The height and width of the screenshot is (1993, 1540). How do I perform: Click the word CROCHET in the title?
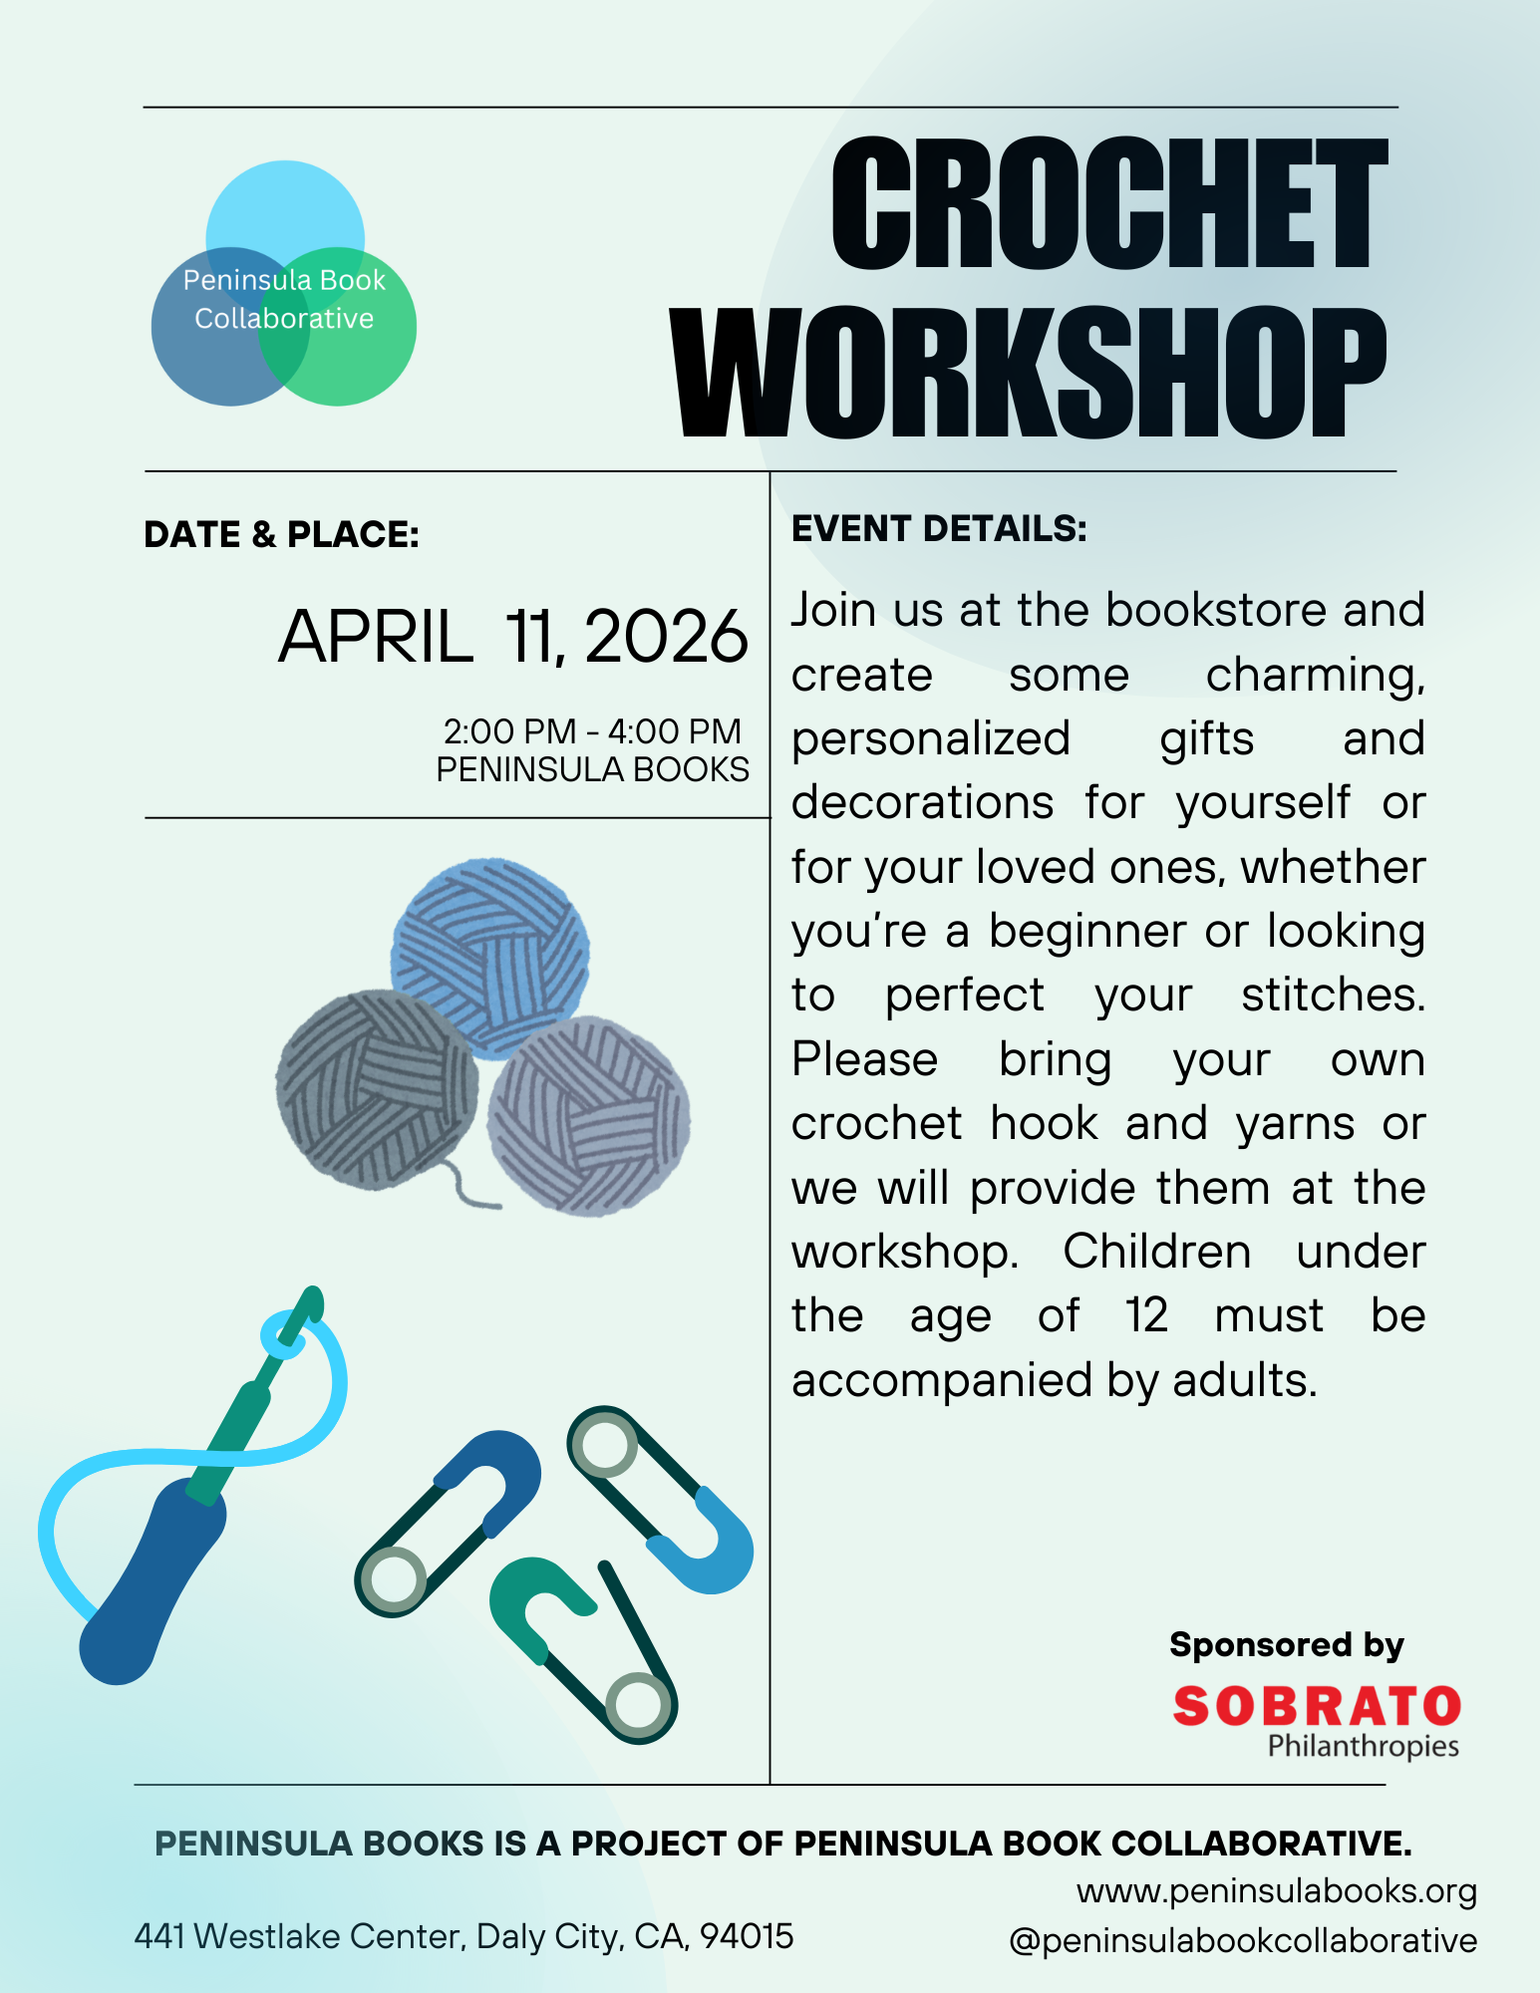click(1108, 204)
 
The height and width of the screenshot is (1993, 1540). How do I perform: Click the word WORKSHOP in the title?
click(1029, 373)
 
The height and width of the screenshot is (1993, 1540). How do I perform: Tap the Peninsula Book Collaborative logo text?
click(284, 299)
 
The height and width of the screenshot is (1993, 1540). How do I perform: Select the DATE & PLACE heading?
click(281, 535)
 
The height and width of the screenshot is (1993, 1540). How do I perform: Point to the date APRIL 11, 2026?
click(512, 637)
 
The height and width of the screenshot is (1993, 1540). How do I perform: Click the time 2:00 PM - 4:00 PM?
click(592, 731)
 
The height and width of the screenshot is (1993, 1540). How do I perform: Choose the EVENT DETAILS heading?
click(939, 529)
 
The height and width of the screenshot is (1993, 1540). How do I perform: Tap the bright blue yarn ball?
click(490, 957)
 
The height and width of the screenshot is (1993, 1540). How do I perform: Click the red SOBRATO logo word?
click(1317, 1706)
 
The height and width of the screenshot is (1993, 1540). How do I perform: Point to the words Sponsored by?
click(1286, 1645)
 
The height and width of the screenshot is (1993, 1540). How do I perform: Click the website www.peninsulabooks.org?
click(1277, 1890)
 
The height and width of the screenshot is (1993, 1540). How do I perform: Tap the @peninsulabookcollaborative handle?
click(1243, 1941)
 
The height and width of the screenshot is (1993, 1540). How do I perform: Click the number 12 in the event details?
click(1146, 1316)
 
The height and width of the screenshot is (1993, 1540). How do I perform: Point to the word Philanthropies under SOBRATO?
click(1363, 1747)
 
